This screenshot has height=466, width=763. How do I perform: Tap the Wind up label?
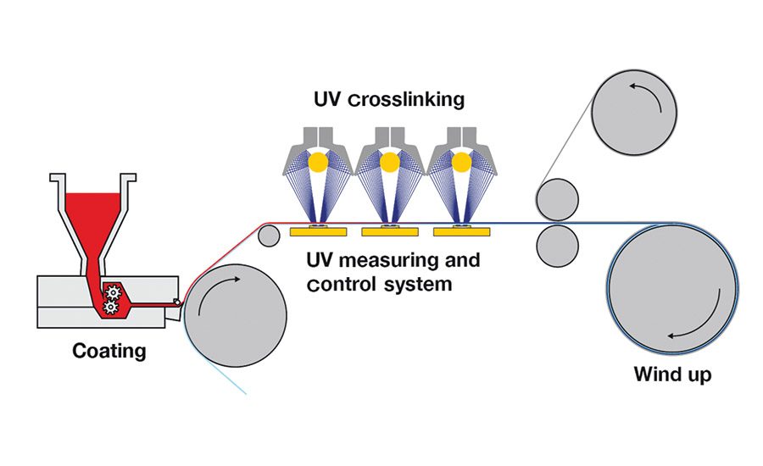[x=672, y=373]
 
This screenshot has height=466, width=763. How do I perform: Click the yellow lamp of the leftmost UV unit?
[x=317, y=161]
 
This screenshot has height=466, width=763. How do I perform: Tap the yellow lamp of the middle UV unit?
[x=389, y=161]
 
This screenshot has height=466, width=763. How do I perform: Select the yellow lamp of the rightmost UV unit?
[x=461, y=161]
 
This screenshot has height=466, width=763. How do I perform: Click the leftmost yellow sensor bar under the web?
[x=313, y=231]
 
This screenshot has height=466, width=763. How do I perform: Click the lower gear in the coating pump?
[x=109, y=308]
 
